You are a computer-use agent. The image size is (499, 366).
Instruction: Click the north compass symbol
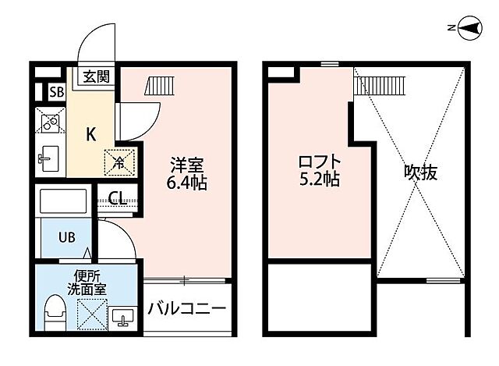click(469, 30)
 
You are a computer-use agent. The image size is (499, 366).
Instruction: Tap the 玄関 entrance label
click(97, 76)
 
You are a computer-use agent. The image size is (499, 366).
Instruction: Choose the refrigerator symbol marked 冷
click(119, 162)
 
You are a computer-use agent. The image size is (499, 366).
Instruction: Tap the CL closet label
click(118, 197)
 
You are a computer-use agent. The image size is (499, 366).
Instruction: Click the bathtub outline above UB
click(65, 204)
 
